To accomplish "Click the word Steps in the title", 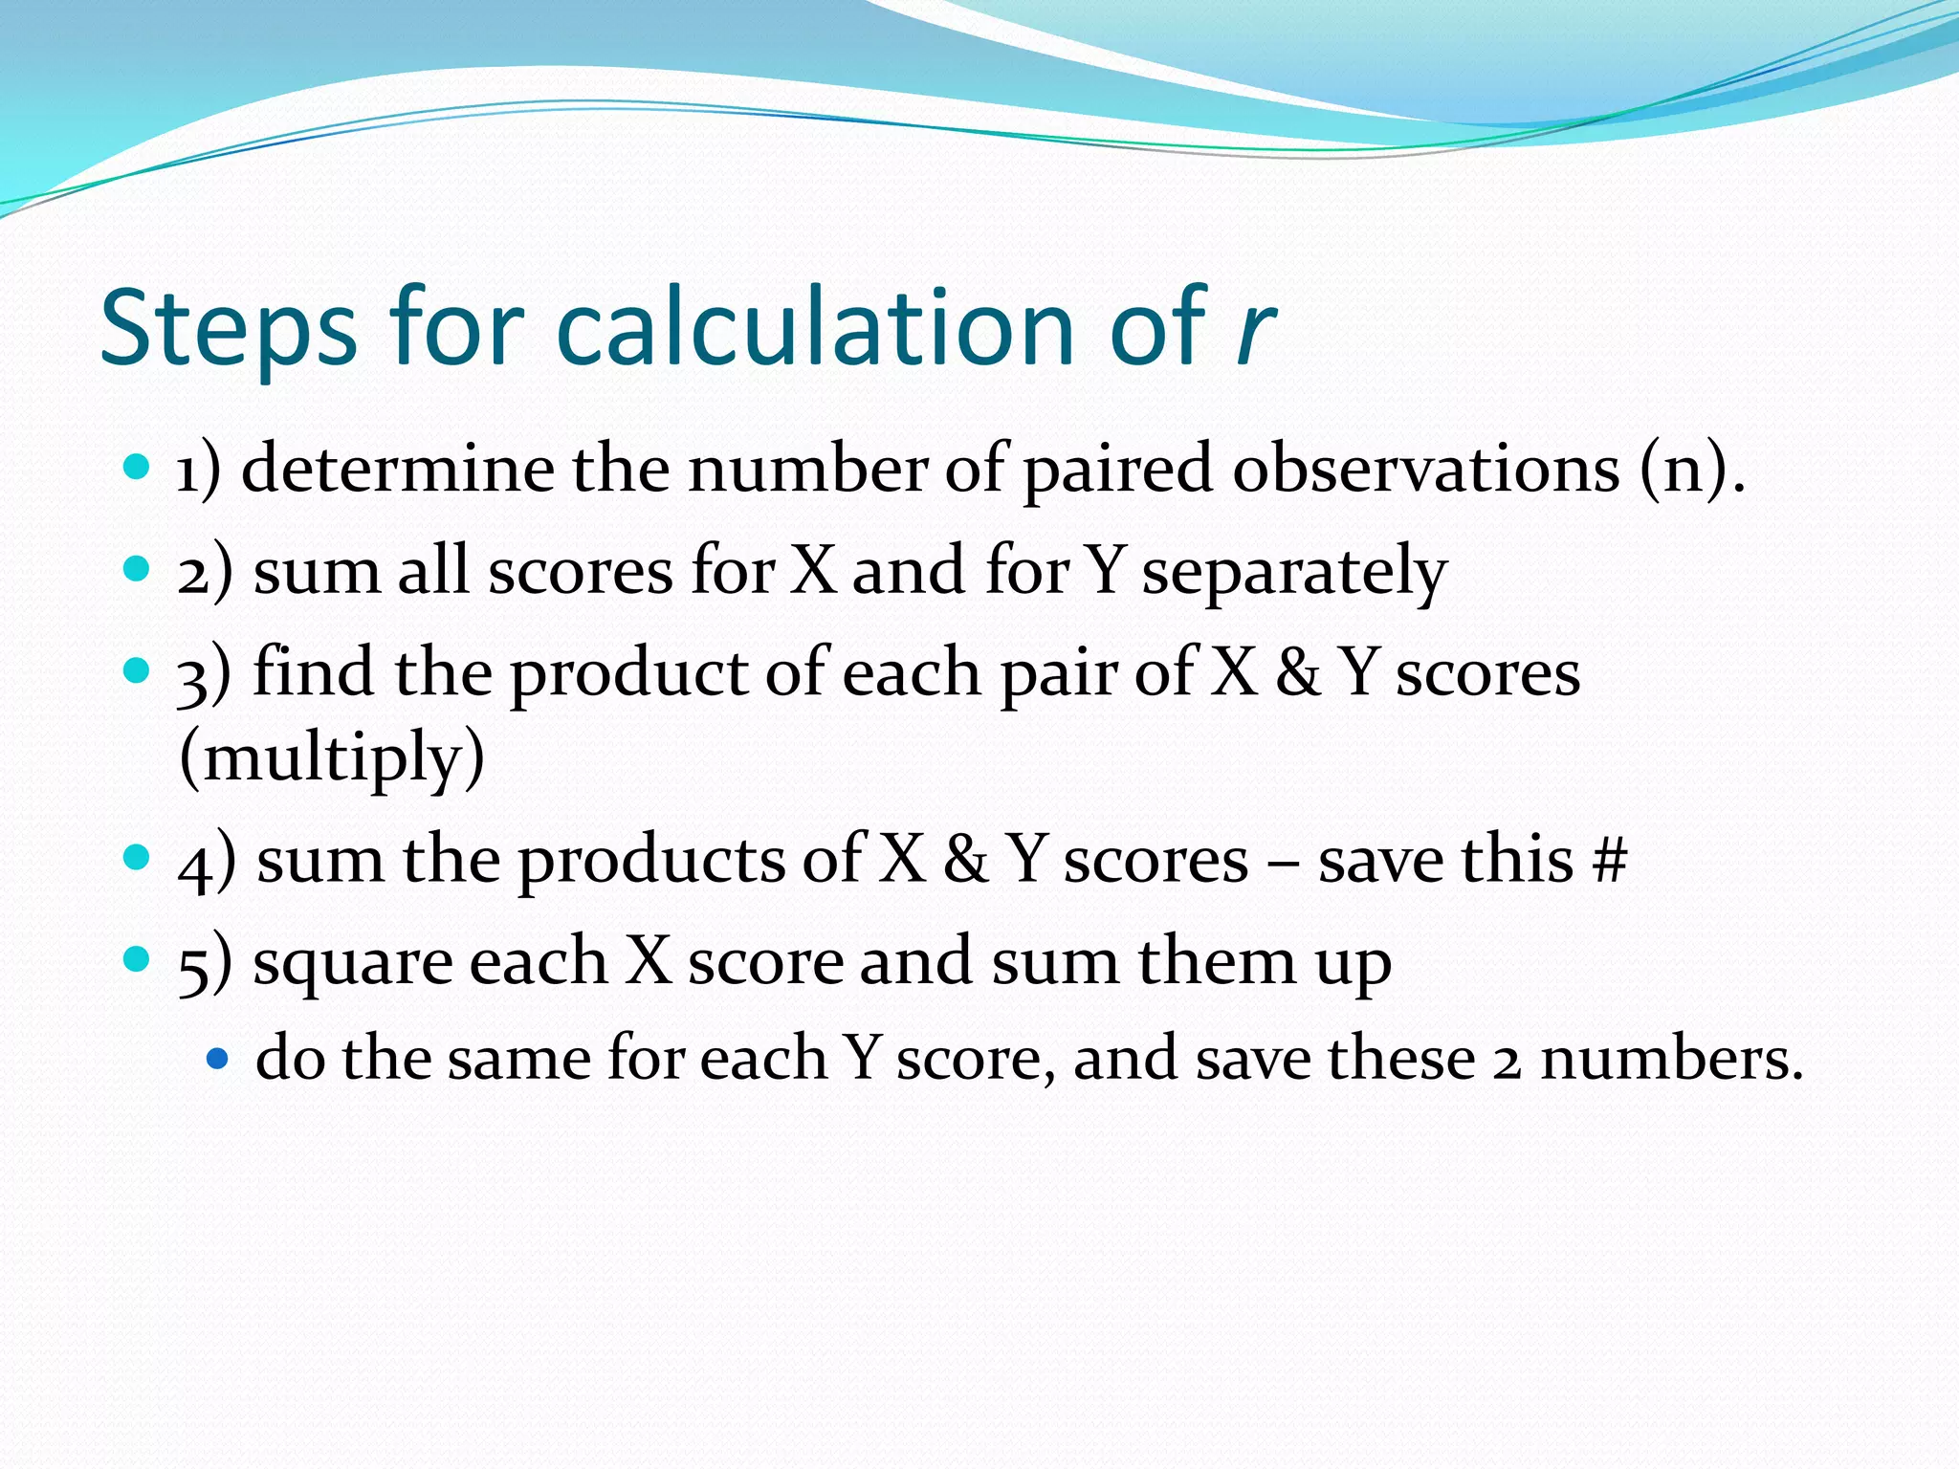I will pyautogui.click(x=229, y=330).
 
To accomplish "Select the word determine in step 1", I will pyautogui.click(x=397, y=469).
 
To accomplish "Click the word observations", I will pyautogui.click(x=1425, y=469).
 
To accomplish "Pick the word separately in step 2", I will pyautogui.click(x=1294, y=572).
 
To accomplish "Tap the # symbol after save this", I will pyautogui.click(x=1610, y=859).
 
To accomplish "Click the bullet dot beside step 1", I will pyautogui.click(x=138, y=468).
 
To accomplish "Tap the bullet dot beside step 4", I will pyautogui.click(x=138, y=855).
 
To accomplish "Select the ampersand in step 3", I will pyautogui.click(x=1298, y=672).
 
